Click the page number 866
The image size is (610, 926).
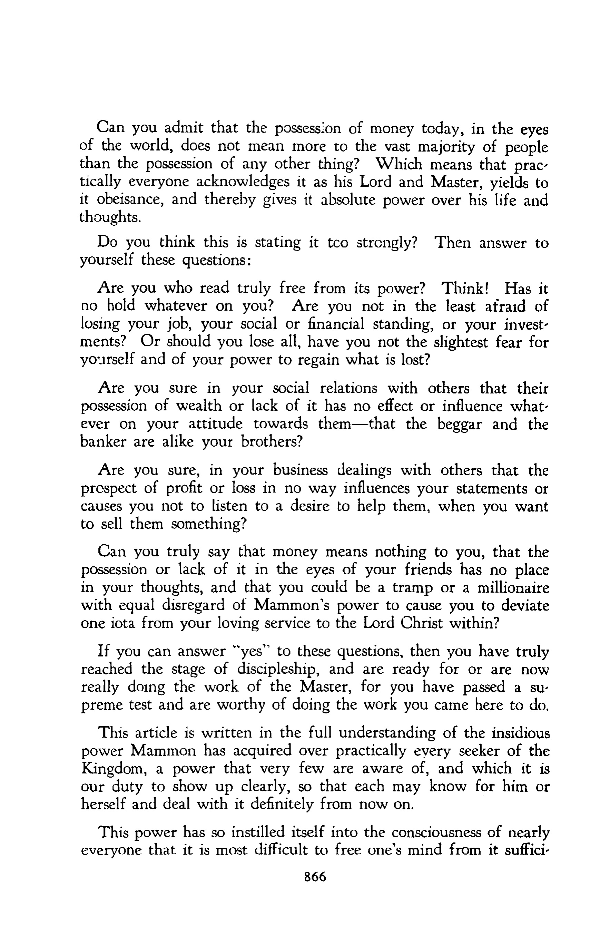point(315,877)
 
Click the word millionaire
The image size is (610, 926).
point(513,587)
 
